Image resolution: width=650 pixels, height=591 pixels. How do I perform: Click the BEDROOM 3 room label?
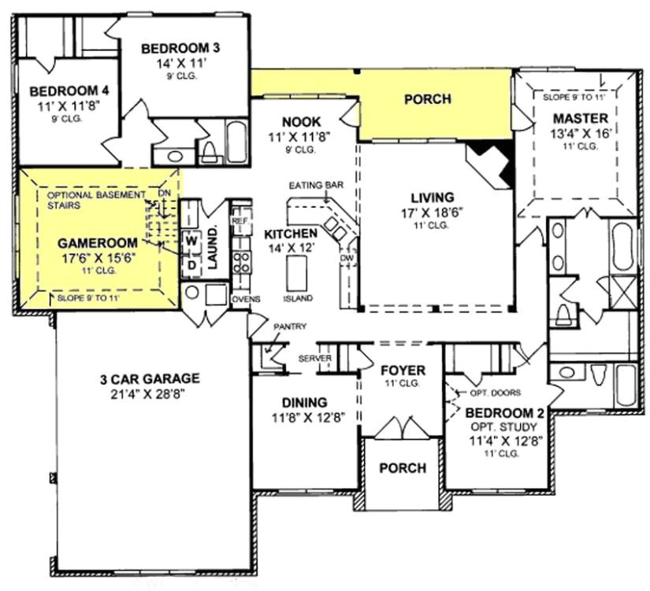pyautogui.click(x=180, y=49)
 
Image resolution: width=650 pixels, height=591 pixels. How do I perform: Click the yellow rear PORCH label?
pyautogui.click(x=427, y=99)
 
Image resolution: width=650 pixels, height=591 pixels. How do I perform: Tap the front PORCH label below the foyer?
pyautogui.click(x=403, y=467)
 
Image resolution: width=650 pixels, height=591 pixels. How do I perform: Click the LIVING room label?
pyautogui.click(x=433, y=197)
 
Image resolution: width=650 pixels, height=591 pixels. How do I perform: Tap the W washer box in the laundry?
pyautogui.click(x=191, y=239)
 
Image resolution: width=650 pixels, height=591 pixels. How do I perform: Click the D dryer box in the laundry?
pyautogui.click(x=191, y=264)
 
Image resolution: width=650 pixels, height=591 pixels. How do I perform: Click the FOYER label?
pyautogui.click(x=403, y=371)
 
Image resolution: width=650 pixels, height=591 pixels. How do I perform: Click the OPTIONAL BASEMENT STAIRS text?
pyautogui.click(x=96, y=200)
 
